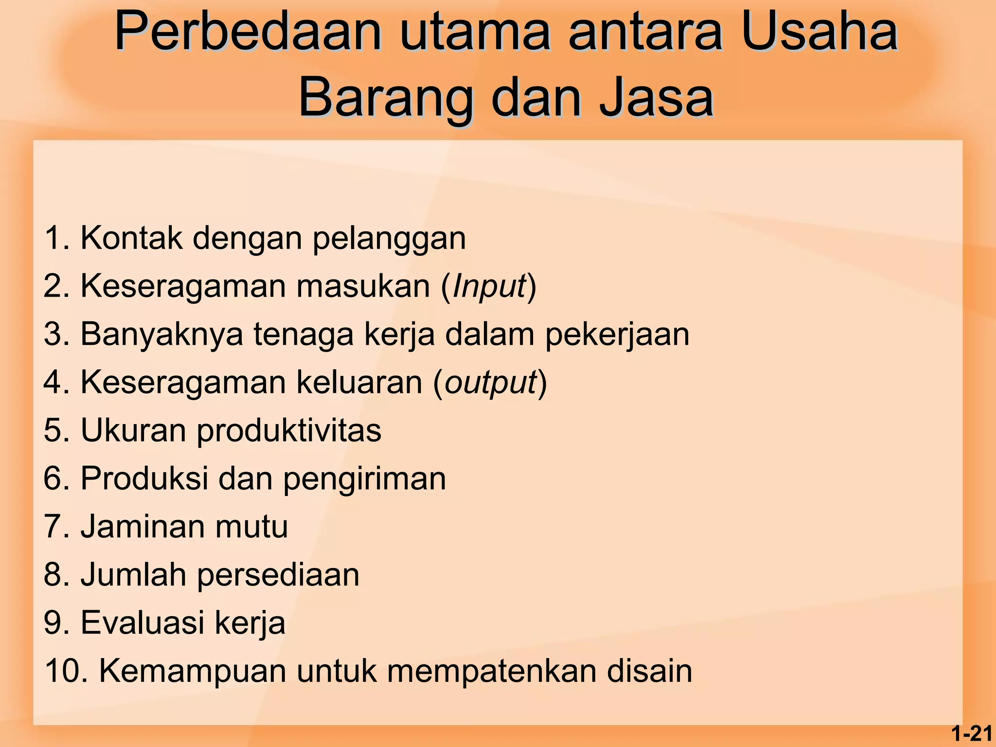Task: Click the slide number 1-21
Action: point(972,733)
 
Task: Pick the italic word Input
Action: point(489,287)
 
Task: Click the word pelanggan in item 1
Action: point(389,239)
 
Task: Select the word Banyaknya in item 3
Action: point(161,335)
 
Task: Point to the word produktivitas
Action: point(289,431)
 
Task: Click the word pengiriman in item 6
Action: point(364,480)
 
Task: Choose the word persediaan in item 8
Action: point(278,575)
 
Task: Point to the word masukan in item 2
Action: point(363,287)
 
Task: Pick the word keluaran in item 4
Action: point(359,383)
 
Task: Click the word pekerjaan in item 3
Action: point(617,335)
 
